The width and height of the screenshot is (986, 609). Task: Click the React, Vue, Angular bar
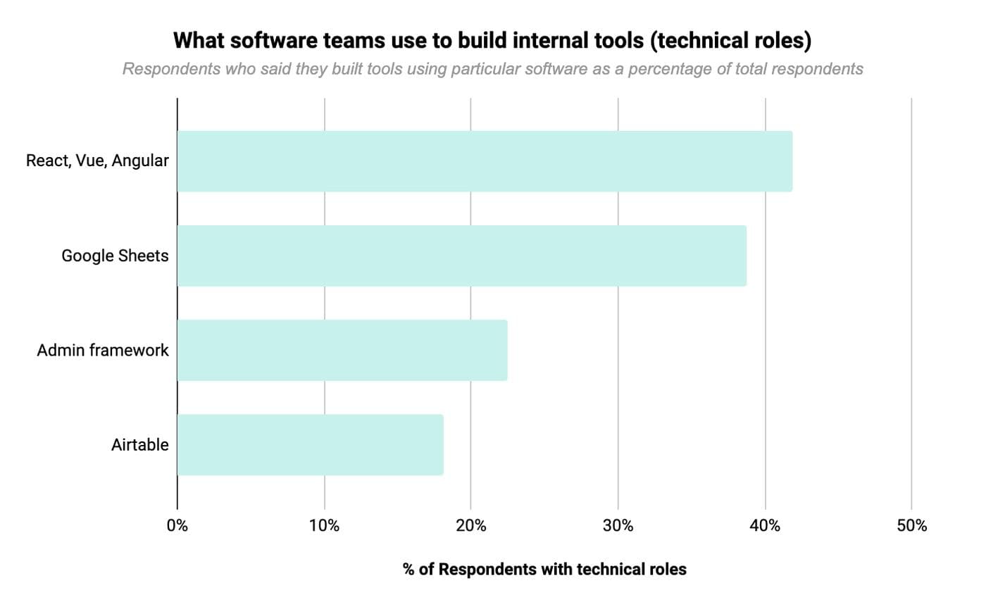[485, 161]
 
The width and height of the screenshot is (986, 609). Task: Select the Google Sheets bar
[461, 256]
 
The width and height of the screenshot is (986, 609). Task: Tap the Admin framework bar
[342, 350]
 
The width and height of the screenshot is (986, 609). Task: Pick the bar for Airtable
[310, 444]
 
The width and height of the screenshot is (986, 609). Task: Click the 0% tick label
[177, 526]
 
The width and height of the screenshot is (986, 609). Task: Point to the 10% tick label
[325, 526]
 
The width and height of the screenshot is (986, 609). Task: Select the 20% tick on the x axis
[471, 526]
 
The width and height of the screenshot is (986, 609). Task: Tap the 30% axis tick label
[618, 526]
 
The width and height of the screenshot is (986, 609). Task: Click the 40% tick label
[765, 526]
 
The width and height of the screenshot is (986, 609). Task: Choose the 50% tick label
[911, 526]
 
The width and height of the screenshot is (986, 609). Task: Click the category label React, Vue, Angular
[97, 161]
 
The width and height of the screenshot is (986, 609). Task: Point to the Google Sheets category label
[115, 256]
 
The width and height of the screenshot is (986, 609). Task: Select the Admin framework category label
[103, 350]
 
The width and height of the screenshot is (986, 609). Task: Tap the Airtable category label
[140, 444]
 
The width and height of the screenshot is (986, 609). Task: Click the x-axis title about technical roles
[544, 570]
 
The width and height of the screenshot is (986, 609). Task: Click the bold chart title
[492, 40]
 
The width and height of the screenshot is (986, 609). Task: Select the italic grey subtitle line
[492, 69]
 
